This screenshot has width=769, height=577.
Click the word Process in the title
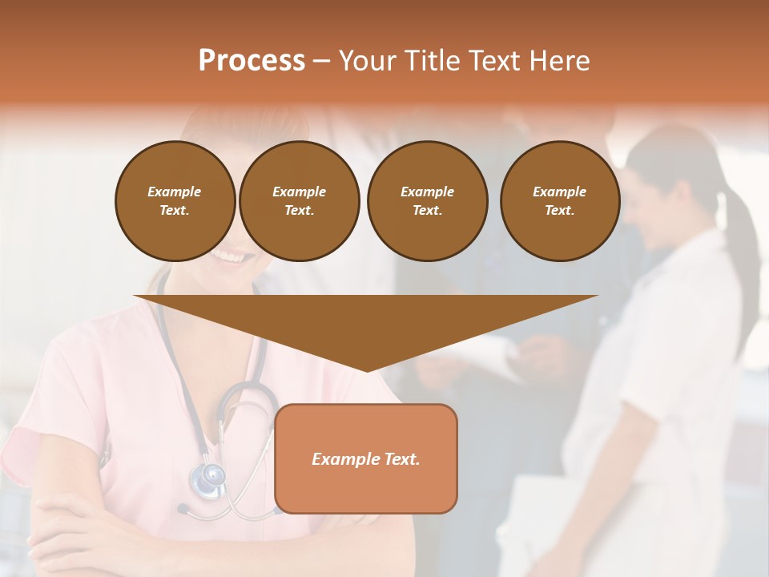252,61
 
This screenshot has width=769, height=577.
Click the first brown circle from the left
175,200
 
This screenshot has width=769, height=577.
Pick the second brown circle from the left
299,200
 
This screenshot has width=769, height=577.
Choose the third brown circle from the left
427,200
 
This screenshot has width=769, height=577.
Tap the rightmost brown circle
559,200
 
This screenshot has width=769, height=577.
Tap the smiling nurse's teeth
220,256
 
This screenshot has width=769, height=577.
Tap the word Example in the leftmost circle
175,192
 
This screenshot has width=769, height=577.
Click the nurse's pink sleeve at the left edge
24,449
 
